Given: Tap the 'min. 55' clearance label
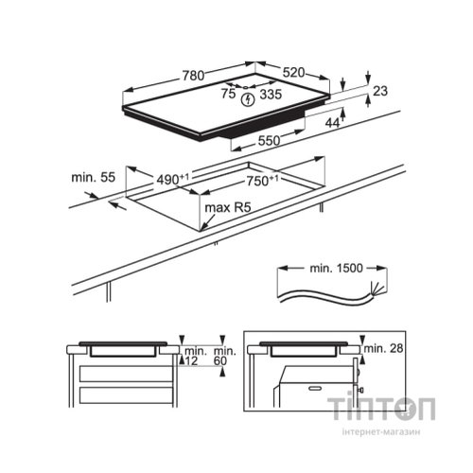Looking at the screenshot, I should tap(92, 177).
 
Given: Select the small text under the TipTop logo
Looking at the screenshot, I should tap(382, 432).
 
